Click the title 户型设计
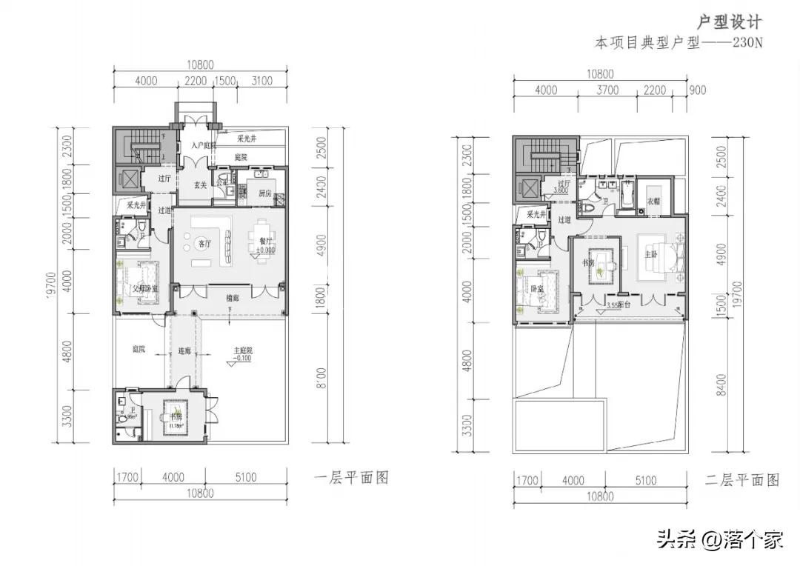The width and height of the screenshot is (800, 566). (x=730, y=21)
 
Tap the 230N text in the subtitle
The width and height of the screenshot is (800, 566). (x=747, y=43)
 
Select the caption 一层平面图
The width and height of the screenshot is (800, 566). (x=351, y=478)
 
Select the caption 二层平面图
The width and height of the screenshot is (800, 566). (x=742, y=480)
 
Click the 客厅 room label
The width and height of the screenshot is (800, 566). (x=204, y=244)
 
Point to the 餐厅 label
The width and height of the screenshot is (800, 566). (x=264, y=241)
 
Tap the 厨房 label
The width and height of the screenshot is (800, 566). (x=265, y=193)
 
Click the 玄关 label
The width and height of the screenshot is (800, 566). (x=200, y=185)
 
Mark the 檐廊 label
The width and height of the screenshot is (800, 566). (x=232, y=298)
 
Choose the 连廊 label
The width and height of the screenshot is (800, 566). (x=184, y=350)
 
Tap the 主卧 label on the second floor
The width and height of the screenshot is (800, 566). (x=650, y=253)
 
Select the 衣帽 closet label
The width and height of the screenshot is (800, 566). (x=653, y=201)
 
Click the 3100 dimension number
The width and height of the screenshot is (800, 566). (x=261, y=81)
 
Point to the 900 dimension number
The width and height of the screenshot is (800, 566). (x=697, y=90)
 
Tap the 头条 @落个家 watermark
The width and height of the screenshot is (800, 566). (x=719, y=540)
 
